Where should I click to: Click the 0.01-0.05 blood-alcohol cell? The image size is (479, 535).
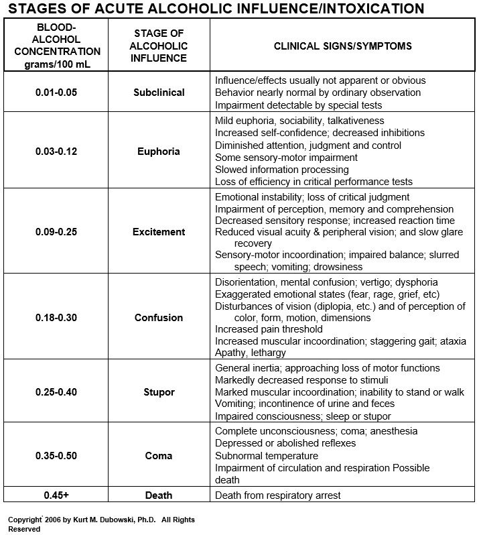(56, 93)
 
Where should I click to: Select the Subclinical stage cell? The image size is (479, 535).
(159, 93)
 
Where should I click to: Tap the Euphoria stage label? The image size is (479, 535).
(159, 151)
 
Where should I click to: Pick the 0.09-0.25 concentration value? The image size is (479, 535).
(56, 232)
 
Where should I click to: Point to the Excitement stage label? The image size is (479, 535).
(159, 232)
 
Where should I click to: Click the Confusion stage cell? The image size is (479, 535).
(159, 317)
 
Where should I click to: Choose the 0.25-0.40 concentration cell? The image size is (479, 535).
(56, 392)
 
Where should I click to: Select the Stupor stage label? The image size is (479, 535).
(159, 392)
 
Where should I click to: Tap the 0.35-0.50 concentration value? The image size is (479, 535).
(56, 456)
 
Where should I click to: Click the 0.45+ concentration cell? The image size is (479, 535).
(56, 495)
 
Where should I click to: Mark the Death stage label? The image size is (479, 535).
(159, 495)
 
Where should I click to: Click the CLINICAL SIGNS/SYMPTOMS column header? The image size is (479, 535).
(342, 46)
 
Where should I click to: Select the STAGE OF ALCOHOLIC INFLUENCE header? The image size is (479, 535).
(159, 46)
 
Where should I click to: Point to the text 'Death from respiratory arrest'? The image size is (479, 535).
(277, 495)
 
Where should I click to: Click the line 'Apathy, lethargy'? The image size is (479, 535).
(250, 353)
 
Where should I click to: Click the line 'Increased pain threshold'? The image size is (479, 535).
(268, 329)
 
